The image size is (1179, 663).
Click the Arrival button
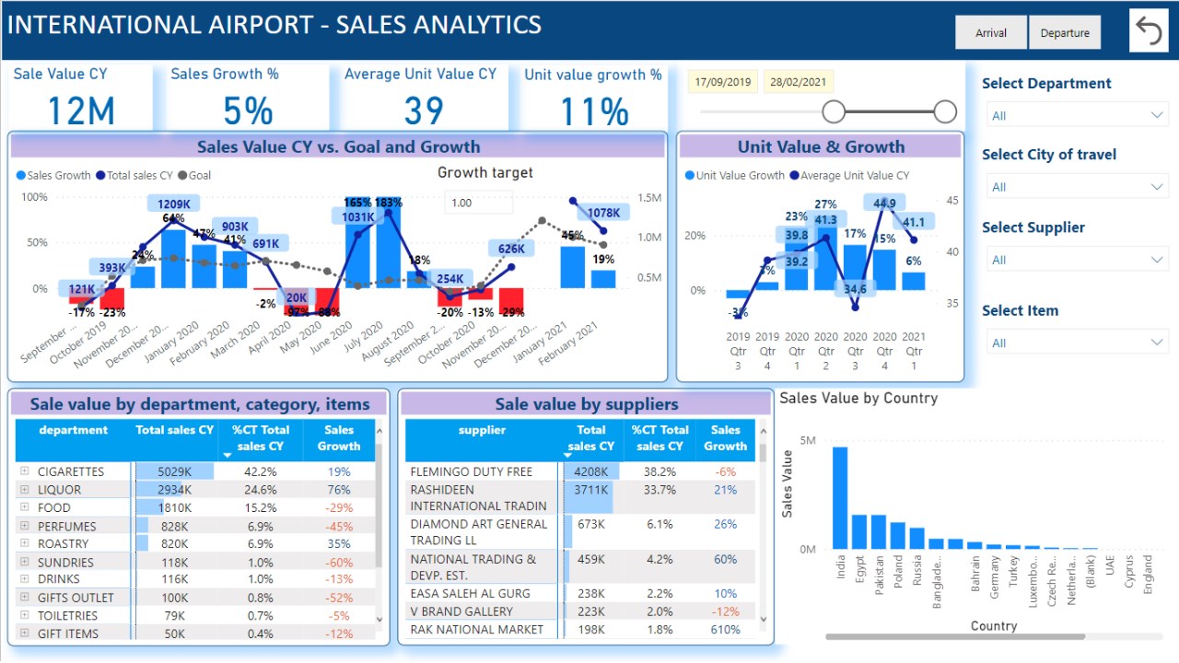point(991,33)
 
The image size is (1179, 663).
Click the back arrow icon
point(1149,30)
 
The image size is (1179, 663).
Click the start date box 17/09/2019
point(723,82)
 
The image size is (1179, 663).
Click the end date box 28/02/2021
point(798,82)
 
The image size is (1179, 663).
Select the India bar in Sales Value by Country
point(840,497)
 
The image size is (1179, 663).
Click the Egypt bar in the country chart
point(859,531)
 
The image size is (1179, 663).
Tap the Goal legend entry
point(194,175)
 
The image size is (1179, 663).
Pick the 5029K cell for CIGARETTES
point(174,471)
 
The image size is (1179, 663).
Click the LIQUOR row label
point(59,490)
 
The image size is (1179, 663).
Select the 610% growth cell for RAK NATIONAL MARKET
point(725,630)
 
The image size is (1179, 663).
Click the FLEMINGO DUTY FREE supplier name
point(471,471)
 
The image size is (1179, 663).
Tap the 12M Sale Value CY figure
point(80,111)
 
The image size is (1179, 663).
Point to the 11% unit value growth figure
point(594,111)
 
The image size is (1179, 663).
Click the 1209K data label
point(174,204)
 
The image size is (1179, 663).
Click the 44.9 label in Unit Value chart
point(885,204)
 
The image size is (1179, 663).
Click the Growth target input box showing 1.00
point(478,203)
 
